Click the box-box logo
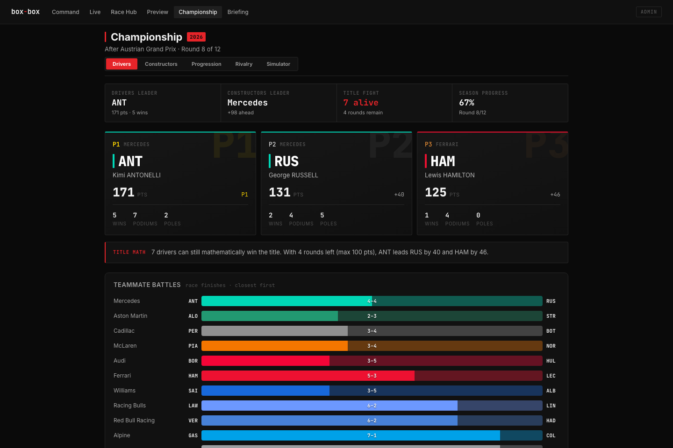[x=26, y=12]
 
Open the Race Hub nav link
[x=123, y=12]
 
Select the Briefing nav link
[x=237, y=12]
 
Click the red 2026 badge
[x=196, y=37]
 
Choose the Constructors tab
[x=161, y=64]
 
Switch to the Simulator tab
[x=278, y=64]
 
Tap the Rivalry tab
[x=243, y=64]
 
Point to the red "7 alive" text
[x=360, y=103]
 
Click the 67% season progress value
[x=466, y=103]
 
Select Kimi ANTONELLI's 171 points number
[x=123, y=192]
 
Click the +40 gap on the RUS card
[x=399, y=195]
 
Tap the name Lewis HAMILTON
[x=450, y=175]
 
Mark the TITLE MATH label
[x=129, y=252]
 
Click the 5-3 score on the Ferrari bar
[x=372, y=376]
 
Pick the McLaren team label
[x=125, y=346]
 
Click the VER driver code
[x=193, y=420]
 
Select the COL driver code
[x=551, y=435]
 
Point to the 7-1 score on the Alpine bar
[x=372, y=435]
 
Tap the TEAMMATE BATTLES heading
[x=147, y=285]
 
